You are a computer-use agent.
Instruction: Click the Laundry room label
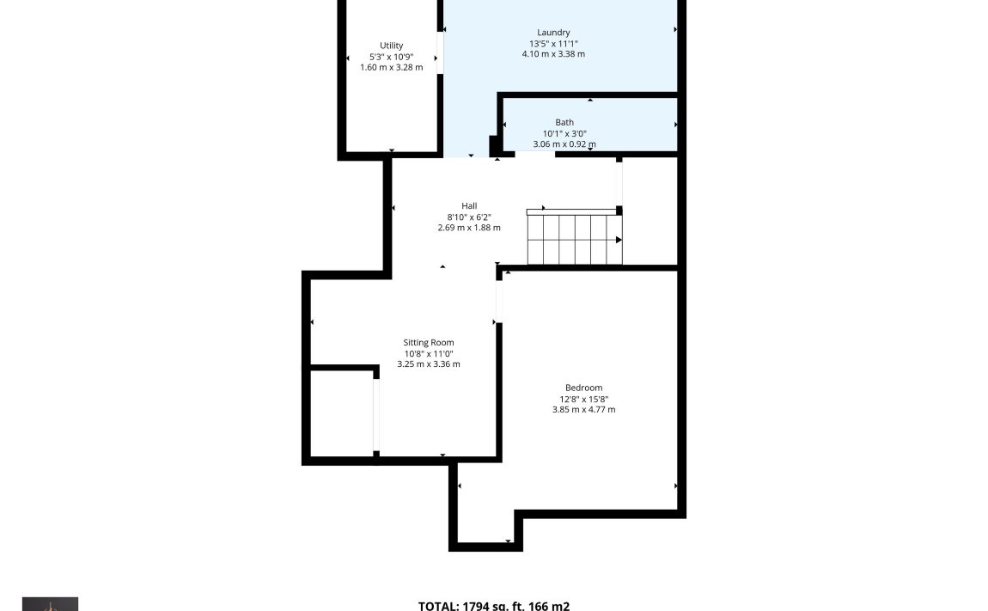pos(553,32)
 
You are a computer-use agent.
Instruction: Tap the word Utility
pos(391,46)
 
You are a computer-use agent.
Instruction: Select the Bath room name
pos(564,122)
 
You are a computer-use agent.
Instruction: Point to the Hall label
pos(469,205)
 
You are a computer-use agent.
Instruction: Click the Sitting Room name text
pos(429,342)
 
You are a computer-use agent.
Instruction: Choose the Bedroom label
pos(583,388)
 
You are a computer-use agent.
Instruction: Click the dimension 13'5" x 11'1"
pos(553,44)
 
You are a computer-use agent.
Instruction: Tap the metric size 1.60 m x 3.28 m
pos(391,68)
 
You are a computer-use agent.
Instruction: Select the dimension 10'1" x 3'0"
pos(564,134)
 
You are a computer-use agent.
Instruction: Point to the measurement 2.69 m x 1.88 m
pos(469,228)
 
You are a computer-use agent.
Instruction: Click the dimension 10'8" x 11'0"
pos(429,354)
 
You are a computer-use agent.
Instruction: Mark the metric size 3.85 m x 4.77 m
pos(583,409)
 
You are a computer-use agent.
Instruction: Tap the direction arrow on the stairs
pos(619,240)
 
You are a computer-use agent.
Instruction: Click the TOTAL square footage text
pos(494,605)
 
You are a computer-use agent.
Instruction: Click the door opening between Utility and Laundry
pos(440,52)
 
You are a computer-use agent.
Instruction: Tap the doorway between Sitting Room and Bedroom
pos(499,301)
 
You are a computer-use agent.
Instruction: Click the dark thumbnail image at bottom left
pos(51,604)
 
